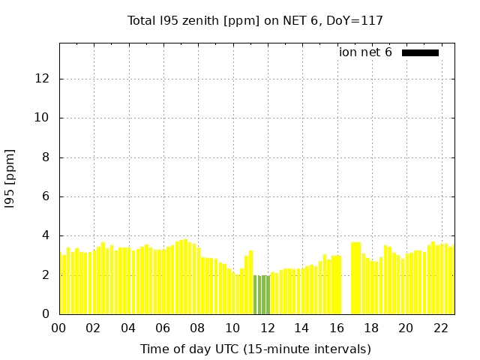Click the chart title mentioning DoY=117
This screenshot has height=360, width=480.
[x=255, y=20]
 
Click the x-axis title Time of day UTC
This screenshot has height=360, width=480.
[x=255, y=349]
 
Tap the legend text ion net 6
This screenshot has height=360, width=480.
[x=365, y=52]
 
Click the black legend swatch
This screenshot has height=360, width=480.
[x=420, y=52]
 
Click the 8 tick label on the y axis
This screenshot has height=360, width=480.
[x=47, y=157]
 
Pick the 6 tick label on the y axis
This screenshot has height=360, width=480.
[x=47, y=196]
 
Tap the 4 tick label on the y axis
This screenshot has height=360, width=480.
[x=47, y=235]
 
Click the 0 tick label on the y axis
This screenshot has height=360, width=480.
[x=47, y=314]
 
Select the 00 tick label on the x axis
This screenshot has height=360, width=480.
[x=58, y=328]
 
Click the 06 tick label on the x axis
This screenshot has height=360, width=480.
[x=163, y=328]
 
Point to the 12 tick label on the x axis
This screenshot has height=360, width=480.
[x=267, y=328]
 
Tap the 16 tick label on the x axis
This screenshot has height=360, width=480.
[x=336, y=328]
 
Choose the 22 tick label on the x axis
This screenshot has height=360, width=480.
[x=440, y=328]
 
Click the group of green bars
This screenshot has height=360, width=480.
[x=262, y=295]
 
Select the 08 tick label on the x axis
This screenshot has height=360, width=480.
[x=197, y=328]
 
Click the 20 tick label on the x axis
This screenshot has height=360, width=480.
[x=406, y=328]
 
